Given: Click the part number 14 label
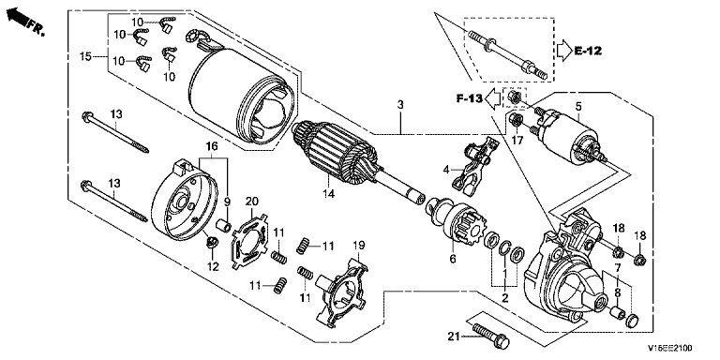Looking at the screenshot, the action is point(328,194).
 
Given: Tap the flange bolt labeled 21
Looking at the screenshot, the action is point(490,335).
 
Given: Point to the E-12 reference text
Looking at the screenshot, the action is point(588,51).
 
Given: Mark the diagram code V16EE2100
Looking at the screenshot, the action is point(670,349).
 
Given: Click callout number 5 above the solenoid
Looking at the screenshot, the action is point(578,107).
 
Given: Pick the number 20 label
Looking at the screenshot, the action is point(252,202).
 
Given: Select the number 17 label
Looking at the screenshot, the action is point(517,141).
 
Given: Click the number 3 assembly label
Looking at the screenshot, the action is point(400,105).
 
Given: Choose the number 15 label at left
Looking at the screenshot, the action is point(85,57).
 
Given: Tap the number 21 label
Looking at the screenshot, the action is point(454,337).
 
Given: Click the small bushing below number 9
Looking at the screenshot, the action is point(223,226).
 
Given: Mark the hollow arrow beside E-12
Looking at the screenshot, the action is point(562,51).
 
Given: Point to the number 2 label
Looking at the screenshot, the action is point(505,298).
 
